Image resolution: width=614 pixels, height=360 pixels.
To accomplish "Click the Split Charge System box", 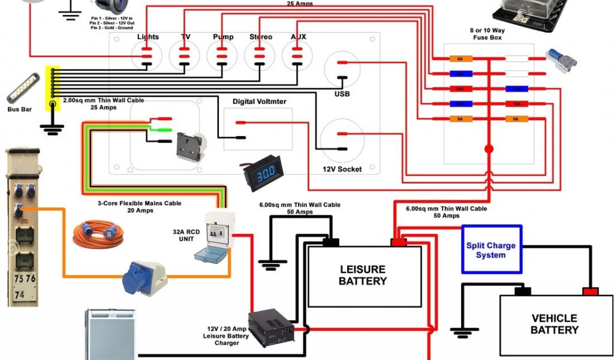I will pyautogui.click(x=491, y=250).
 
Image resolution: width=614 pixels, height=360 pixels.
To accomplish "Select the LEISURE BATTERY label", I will pyautogui.click(x=363, y=275).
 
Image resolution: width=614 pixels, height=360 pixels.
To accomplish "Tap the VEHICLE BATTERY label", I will pyautogui.click(x=554, y=324).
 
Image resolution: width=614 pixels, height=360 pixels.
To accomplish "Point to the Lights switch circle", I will pyautogui.click(x=147, y=57).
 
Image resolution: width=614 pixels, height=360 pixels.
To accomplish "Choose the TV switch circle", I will pyautogui.click(x=185, y=57).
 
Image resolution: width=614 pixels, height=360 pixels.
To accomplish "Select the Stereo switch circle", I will pyautogui.click(x=260, y=57).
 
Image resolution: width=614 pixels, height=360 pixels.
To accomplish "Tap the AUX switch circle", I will pyautogui.click(x=298, y=57).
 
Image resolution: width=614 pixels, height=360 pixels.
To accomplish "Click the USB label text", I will pyautogui.click(x=342, y=94).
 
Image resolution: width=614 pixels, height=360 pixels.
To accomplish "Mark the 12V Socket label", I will pyautogui.click(x=342, y=169).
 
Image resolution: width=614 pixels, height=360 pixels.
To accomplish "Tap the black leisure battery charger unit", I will pyautogui.click(x=272, y=327).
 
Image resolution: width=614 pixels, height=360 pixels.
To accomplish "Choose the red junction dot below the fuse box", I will pyautogui.click(x=489, y=148).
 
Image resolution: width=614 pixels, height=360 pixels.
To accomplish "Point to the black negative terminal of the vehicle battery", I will pyautogui.click(x=523, y=291).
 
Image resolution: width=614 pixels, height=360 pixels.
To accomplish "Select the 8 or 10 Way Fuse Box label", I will pyautogui.click(x=486, y=33).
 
